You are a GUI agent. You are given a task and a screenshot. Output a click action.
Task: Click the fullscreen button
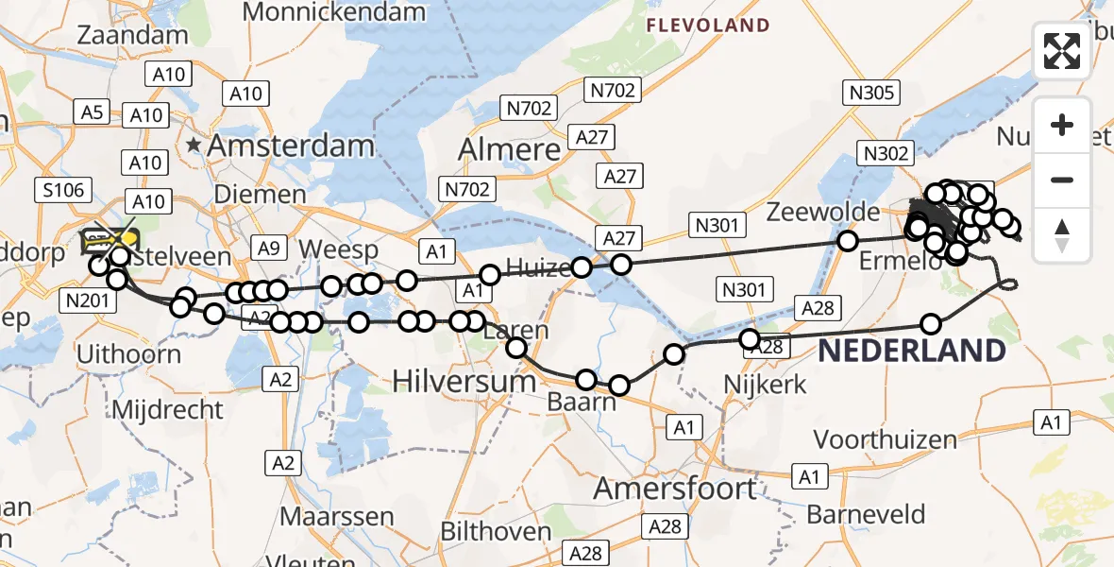click(x=1062, y=50)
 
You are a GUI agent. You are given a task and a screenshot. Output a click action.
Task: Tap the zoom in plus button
click(x=1062, y=125)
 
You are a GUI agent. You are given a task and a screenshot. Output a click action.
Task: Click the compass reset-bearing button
click(x=1062, y=235)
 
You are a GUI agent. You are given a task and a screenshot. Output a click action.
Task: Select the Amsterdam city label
click(x=291, y=146)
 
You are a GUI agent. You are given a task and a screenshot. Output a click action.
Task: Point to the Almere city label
click(x=509, y=149)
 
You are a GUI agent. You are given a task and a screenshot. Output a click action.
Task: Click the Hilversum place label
click(x=464, y=380)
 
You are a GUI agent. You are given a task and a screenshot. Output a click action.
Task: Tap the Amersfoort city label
click(x=675, y=489)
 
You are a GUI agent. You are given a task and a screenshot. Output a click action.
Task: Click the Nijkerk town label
click(x=765, y=384)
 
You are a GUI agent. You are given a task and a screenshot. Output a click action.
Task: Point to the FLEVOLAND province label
click(x=708, y=26)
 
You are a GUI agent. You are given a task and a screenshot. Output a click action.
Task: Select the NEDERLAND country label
click(x=911, y=352)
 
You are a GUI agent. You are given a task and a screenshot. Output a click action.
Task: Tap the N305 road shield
click(x=870, y=92)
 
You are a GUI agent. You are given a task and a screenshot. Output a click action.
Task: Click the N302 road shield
click(x=885, y=153)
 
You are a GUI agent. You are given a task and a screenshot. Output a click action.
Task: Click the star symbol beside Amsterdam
click(x=194, y=146)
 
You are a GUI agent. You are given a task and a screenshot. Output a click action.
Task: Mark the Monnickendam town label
click(x=334, y=12)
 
